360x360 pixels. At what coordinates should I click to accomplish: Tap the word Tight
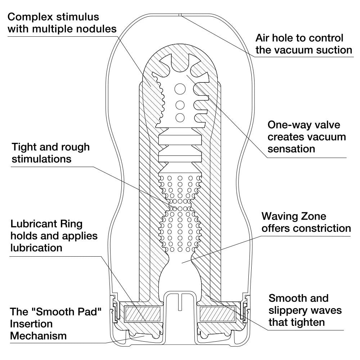click(x=24, y=147)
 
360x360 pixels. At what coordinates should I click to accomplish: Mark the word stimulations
click(x=41, y=159)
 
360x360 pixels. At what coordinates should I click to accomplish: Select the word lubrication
click(x=36, y=248)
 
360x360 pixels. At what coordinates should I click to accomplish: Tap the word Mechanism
click(x=38, y=336)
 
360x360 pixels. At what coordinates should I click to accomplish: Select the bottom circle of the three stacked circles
click(x=180, y=117)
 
